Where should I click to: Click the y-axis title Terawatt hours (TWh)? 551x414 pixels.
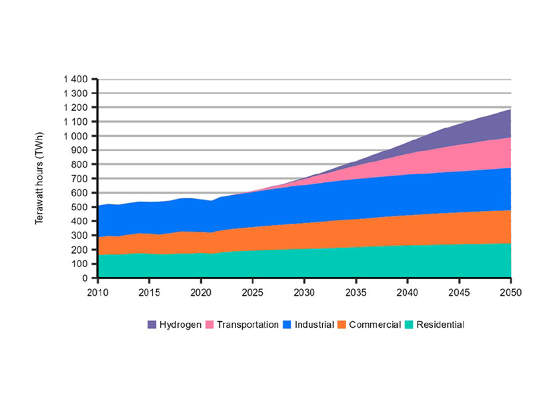40,179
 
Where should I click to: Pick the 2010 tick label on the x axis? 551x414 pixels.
97,292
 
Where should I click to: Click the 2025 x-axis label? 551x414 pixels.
252,292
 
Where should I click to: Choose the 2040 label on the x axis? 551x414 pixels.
408,292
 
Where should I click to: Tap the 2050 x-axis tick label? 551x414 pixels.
510,292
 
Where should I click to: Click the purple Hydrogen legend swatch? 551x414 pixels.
151,325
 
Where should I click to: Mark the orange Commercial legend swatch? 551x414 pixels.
342,325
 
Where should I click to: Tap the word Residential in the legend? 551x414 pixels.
440,325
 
